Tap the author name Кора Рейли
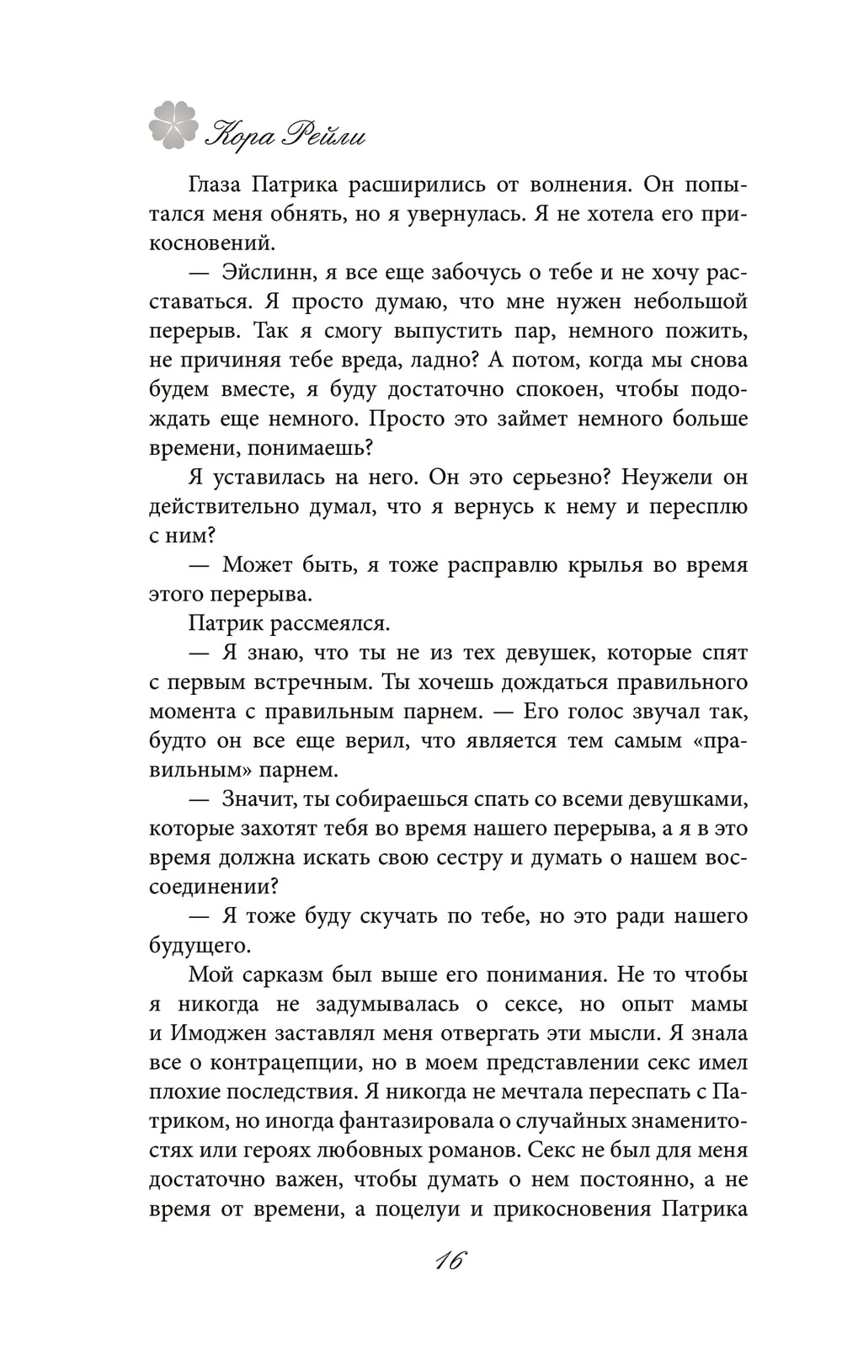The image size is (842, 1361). [x=286, y=134]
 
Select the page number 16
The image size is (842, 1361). [x=450, y=1261]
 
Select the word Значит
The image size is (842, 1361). [x=261, y=798]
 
